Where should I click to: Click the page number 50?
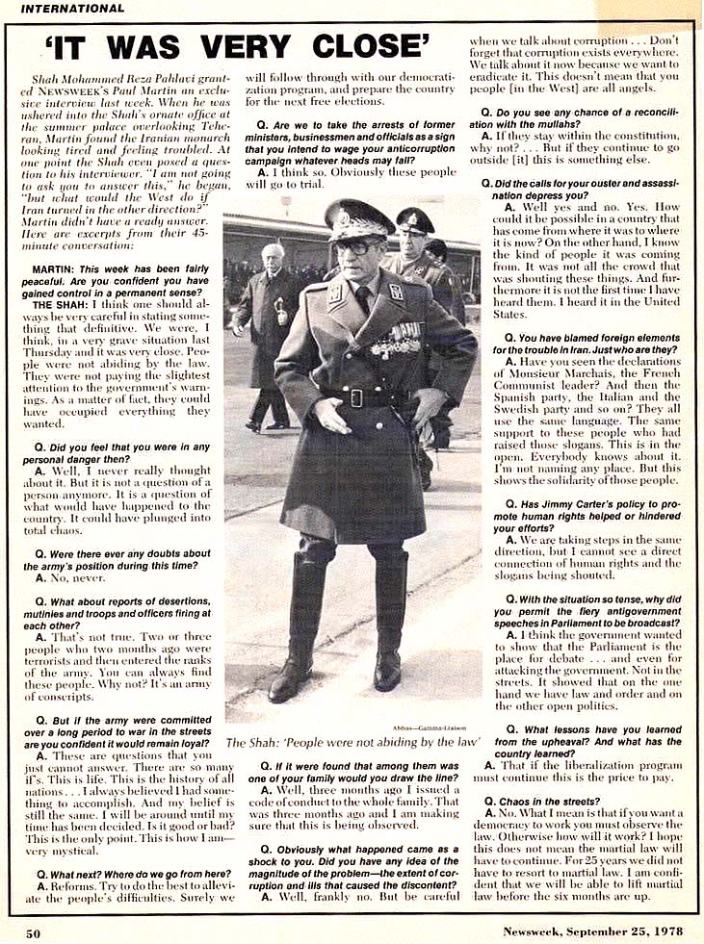(x=33, y=931)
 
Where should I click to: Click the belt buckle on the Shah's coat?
(x=356, y=396)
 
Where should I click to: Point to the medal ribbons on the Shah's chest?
(x=394, y=340)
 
